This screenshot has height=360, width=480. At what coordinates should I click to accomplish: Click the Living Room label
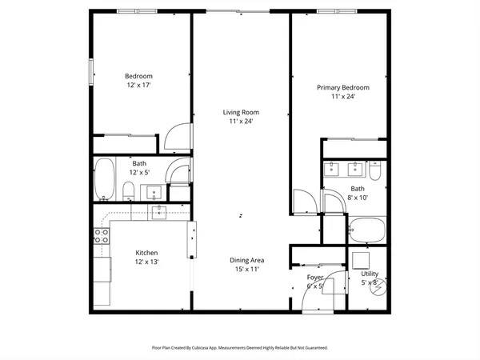coord(241,113)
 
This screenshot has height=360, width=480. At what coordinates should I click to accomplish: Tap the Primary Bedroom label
coord(343,87)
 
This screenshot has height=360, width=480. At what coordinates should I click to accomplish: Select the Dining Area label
coord(247,261)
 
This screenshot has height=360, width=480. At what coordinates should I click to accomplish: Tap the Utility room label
coord(369,274)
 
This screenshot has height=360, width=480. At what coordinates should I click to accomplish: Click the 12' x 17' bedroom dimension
coord(138,84)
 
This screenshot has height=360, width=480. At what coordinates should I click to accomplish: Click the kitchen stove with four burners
coord(102,235)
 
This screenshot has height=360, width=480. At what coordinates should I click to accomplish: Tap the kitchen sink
coord(160,211)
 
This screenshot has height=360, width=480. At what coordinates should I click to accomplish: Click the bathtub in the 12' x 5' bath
coord(105,180)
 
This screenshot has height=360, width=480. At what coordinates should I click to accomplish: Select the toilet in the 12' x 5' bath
coord(128,190)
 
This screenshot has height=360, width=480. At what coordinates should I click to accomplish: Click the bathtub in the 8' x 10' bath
coord(369,232)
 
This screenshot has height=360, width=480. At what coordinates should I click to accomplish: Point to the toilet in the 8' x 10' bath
coord(374,171)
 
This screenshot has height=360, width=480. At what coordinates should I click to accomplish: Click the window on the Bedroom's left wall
coord(91,74)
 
